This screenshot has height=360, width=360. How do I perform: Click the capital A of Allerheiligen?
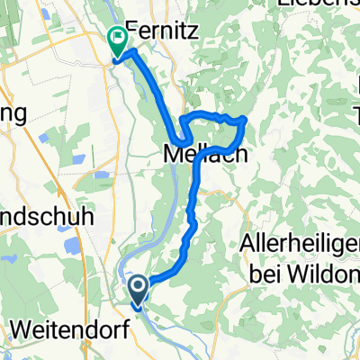247,244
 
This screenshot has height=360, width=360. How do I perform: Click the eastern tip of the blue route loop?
246,121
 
